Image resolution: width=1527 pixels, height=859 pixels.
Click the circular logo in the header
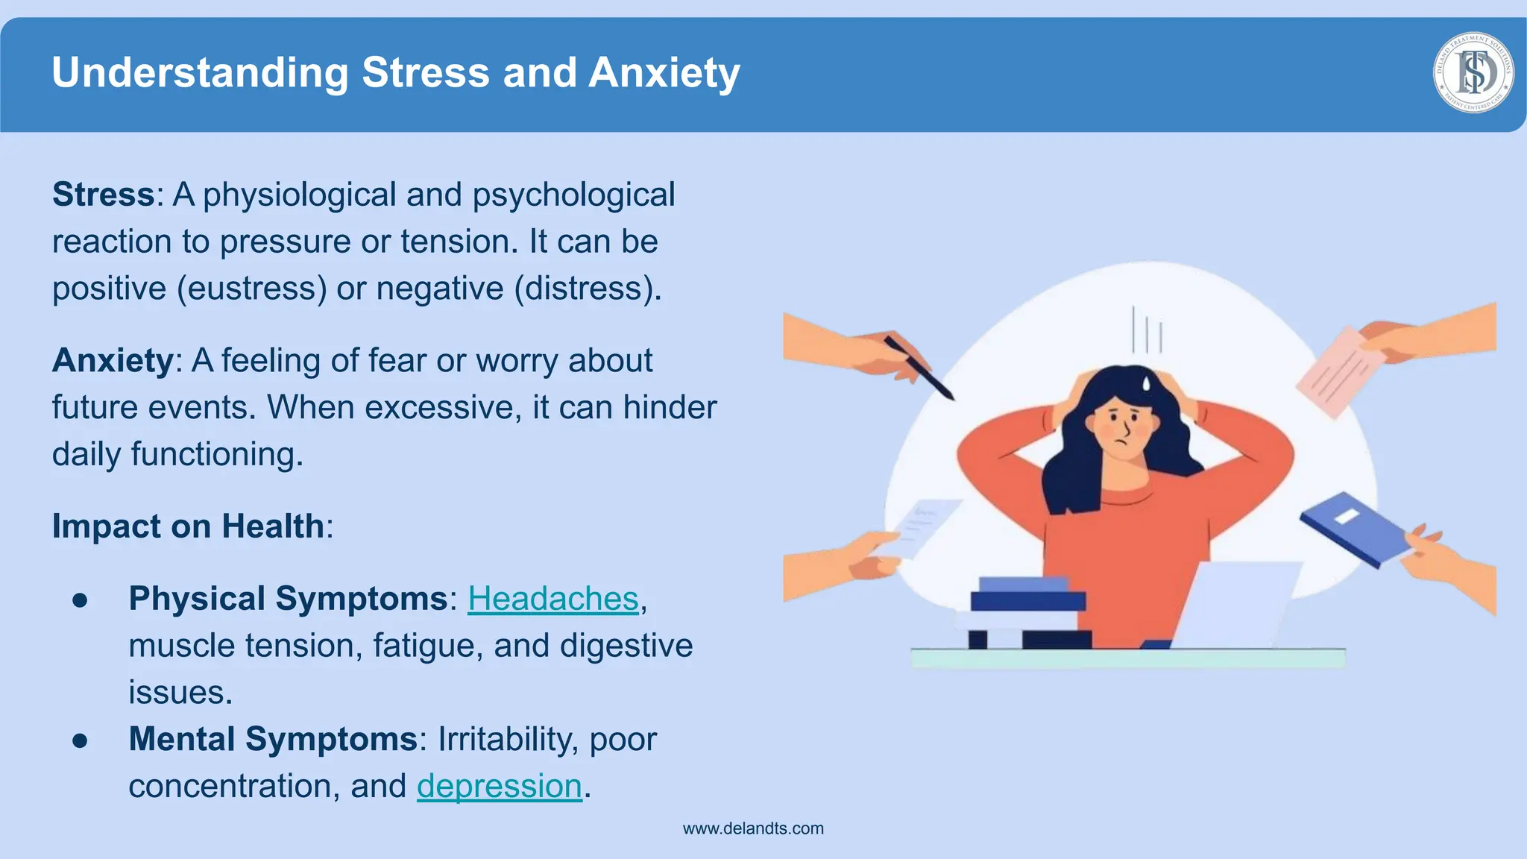click(x=1473, y=72)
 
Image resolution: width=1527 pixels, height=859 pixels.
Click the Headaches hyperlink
click(x=553, y=599)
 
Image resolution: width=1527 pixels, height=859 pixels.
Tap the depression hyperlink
click(x=499, y=786)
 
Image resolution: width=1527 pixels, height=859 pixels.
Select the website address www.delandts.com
click(x=753, y=828)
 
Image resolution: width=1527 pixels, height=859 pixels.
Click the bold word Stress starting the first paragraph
click(x=103, y=195)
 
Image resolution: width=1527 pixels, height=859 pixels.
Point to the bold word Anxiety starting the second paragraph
click(x=113, y=361)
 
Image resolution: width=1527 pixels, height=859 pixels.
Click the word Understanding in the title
click(x=200, y=73)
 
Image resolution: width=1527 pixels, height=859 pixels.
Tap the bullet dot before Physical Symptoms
click(x=81, y=600)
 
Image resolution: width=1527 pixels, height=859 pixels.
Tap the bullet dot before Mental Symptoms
click(x=81, y=740)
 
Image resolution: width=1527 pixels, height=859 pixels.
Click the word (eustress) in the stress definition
click(x=252, y=289)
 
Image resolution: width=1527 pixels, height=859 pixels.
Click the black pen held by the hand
click(x=919, y=368)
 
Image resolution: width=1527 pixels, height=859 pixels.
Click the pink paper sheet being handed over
click(x=1339, y=371)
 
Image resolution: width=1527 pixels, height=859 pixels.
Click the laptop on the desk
click(x=1238, y=604)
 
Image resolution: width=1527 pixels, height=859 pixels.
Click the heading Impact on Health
click(x=188, y=526)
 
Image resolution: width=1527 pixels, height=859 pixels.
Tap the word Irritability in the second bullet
click(x=507, y=740)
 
